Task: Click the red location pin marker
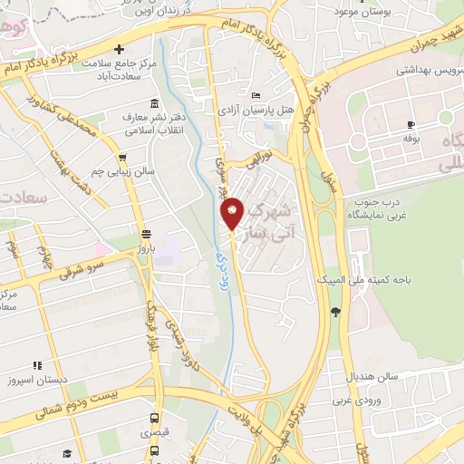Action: click(x=233, y=214)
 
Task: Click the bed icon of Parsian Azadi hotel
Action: click(x=256, y=94)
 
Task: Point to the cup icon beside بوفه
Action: click(x=411, y=124)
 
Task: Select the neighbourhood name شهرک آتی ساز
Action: click(x=270, y=221)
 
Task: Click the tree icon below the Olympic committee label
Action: click(x=336, y=313)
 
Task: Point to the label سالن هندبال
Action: click(x=366, y=375)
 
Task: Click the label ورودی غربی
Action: click(x=353, y=399)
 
